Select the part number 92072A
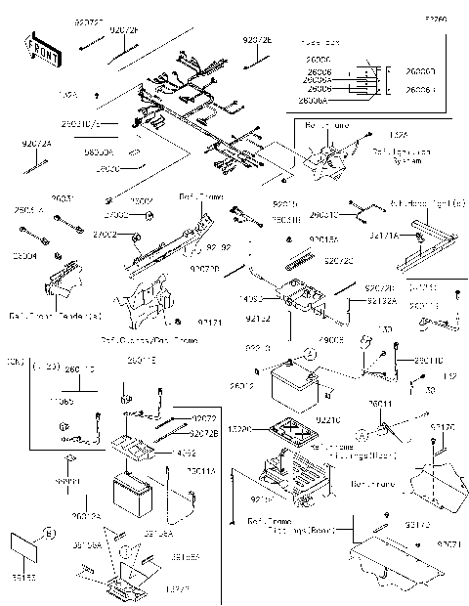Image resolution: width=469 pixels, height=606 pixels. tap(35, 144)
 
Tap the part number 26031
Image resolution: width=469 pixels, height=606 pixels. tap(62, 199)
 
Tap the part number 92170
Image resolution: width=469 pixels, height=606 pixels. tap(442, 427)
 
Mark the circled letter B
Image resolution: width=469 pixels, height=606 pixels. tap(48, 535)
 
